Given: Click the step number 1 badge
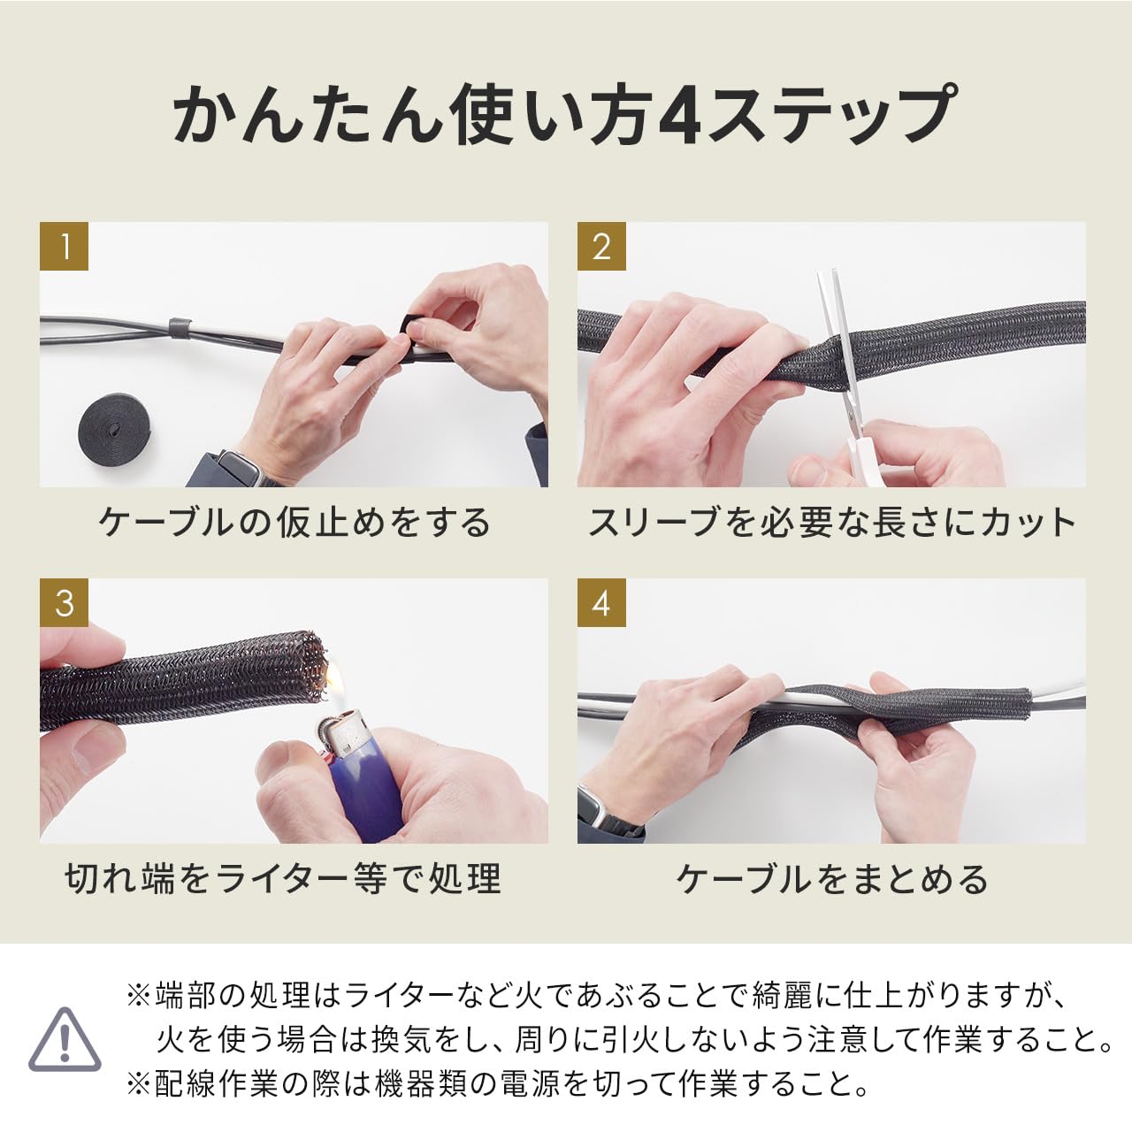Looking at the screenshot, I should pos(64,246).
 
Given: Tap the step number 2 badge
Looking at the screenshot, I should pos(601,246).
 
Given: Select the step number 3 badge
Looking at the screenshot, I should pos(64,603).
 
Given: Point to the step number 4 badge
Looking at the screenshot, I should pos(601,603).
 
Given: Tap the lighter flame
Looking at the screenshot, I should pos(333,682).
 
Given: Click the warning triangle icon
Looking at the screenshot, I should pos(65,1040).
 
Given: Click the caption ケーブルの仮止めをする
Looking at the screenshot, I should pos(294,523).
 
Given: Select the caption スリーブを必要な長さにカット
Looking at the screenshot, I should pos(831,523).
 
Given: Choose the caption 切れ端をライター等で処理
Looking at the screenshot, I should pos(283,880).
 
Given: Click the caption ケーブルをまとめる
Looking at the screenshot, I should pos(831,880).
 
